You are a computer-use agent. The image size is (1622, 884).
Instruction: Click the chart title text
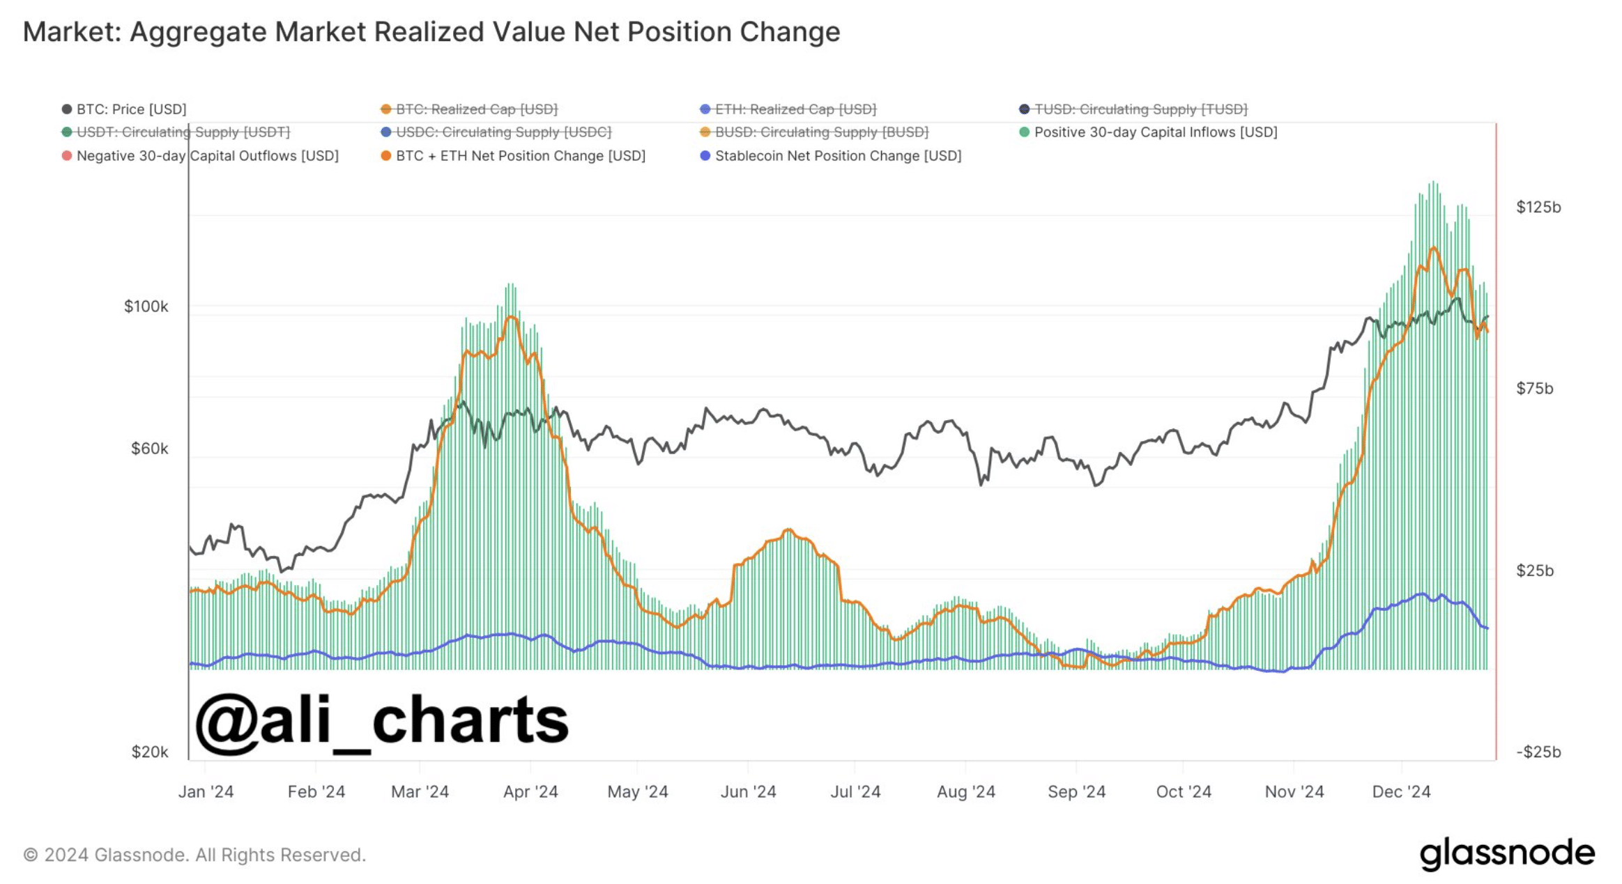431,32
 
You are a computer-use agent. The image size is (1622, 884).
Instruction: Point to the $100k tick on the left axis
146,307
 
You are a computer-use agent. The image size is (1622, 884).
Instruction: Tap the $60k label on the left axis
149,449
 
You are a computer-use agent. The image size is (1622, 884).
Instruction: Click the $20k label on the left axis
149,752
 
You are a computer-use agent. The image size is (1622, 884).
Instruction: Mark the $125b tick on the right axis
1538,208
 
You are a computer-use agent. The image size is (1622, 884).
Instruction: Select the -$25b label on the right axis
1538,752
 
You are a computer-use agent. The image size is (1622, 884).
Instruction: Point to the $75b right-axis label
1534,389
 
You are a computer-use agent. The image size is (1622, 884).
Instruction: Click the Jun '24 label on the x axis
748,792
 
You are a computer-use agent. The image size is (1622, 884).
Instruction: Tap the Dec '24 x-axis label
1401,792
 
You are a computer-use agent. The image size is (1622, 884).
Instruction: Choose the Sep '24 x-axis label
1076,792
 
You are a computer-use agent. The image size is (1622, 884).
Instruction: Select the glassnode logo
1507,853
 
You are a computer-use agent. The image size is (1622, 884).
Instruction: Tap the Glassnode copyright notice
194,855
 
